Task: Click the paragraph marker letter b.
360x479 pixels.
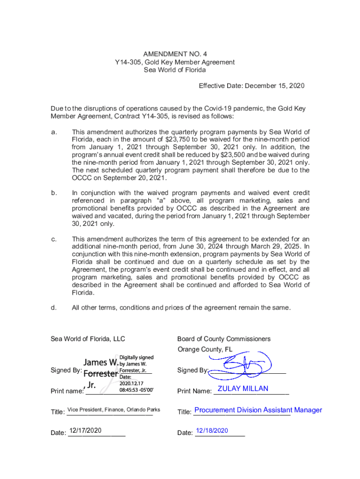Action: pos(54,193)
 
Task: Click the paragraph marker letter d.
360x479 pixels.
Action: pos(54,307)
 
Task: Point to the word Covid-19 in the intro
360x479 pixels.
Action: pos(245,109)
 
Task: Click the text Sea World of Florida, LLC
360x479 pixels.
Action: pos(87,339)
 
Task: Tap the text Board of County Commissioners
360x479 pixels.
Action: pos(223,339)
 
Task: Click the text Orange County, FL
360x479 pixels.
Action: pos(205,349)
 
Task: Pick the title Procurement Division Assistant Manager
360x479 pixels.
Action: pos(258,410)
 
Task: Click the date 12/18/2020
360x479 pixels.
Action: pos(212,430)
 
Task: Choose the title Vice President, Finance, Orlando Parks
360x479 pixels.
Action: pos(114,410)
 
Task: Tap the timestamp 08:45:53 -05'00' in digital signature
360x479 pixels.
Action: pos(136,389)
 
